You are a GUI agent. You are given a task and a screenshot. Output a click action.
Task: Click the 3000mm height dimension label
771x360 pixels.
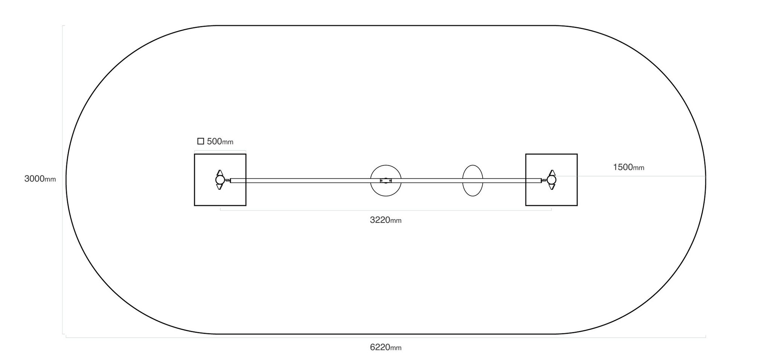tap(40, 179)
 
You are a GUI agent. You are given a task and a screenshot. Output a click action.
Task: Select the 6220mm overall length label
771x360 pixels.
tap(385, 348)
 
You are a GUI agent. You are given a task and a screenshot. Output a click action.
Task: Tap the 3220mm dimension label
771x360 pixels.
tap(385, 220)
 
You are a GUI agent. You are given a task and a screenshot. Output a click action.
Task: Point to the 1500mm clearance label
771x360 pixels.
tap(628, 167)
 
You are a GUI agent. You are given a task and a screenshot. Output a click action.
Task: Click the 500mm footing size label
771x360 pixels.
tap(220, 142)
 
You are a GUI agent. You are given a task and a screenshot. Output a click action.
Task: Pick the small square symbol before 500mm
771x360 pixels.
tap(201, 141)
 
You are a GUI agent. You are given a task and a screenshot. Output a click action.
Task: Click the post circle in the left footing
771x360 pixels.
tap(220, 180)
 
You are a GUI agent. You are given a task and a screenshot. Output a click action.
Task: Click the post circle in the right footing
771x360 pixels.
tap(552, 180)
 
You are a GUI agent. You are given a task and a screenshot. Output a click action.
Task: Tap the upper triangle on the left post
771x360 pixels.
tap(220, 173)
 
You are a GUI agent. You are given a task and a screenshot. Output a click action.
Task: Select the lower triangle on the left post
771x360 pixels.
tap(220, 187)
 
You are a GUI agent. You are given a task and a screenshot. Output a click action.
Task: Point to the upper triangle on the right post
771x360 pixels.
tap(552, 173)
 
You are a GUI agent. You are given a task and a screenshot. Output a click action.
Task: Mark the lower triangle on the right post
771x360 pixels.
tap(552, 187)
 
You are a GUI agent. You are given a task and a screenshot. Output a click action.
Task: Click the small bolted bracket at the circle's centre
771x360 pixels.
tap(385, 181)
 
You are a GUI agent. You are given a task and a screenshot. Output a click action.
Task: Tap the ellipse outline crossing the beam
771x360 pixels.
tap(463, 181)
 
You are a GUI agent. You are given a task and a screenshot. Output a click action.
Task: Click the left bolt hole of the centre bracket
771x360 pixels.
tap(381, 181)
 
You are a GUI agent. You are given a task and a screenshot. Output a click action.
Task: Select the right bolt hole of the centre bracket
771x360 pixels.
tap(390, 181)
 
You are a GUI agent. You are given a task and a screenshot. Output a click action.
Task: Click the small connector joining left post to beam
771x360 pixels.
tap(227, 180)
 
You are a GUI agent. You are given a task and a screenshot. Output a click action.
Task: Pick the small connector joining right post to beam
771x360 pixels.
tap(544, 180)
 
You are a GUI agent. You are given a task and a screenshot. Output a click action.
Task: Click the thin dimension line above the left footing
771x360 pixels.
tap(220, 151)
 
